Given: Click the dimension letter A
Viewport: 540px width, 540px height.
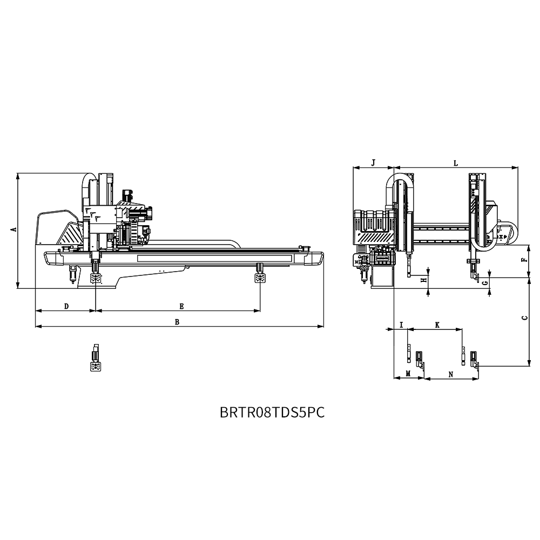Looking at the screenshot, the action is pos(14,229).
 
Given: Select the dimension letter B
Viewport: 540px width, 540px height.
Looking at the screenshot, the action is pos(177,322).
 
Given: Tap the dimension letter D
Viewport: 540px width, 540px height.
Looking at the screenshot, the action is pos(67,306).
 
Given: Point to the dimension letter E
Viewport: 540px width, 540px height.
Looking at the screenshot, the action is pos(181,306).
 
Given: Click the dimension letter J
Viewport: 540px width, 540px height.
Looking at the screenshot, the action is pos(373,163).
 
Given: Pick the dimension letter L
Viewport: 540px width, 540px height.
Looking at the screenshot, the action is pos(456,163).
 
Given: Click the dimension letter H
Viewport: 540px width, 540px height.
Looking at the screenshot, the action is pos(424,280).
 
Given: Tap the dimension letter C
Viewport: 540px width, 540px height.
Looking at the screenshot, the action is pos(524,318).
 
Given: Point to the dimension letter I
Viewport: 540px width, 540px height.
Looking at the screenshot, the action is pos(401,325).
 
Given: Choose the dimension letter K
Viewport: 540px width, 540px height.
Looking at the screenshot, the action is pos(437,325).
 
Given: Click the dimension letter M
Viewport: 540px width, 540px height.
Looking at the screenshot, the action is pos(408,374).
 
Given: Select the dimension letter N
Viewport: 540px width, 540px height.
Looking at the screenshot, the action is pos(451,374).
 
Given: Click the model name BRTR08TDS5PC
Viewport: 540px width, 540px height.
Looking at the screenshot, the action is pos(272,412).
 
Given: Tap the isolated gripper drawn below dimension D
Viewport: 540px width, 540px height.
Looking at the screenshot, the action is pos(96,357).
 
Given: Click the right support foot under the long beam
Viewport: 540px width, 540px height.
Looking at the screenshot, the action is pos(260,273).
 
